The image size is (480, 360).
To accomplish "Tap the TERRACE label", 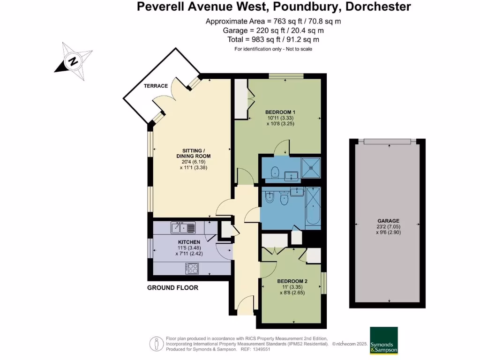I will click(156, 86).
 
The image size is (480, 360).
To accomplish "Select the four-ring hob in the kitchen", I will click(192, 268).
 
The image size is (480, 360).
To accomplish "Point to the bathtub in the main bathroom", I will click(313, 208).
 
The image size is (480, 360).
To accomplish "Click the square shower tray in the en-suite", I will click(310, 167).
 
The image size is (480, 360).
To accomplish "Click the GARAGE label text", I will click(388, 221).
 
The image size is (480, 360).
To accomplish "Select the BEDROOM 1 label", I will click(280, 112).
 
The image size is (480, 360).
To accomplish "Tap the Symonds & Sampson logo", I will click(383, 340).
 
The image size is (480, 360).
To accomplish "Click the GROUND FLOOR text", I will click(172, 288).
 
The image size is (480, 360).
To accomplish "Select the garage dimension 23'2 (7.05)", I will click(388, 226).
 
